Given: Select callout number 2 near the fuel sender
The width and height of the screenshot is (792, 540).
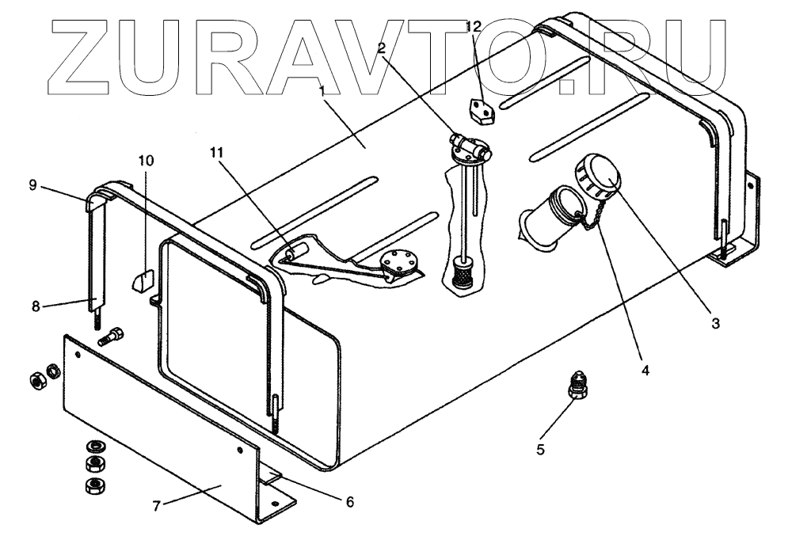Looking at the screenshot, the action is (382, 49).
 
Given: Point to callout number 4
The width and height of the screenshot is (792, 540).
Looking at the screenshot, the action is (645, 370).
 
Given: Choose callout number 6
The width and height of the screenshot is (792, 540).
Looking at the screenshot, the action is (349, 501).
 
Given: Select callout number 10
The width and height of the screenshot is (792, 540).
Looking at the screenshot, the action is (146, 160).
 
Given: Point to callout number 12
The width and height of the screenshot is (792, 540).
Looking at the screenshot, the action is (473, 26).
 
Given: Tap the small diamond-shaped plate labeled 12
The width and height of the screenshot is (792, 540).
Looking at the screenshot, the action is (479, 110).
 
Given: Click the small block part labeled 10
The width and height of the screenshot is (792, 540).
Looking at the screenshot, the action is (142, 281).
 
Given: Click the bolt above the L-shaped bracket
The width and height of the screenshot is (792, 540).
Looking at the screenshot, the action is (112, 338).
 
